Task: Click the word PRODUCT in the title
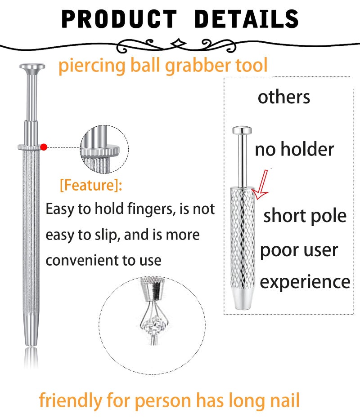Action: [119, 19]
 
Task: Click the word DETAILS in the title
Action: [246, 19]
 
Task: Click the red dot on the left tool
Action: [44, 147]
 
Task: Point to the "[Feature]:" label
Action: [91, 185]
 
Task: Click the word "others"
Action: [283, 97]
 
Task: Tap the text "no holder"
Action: [294, 149]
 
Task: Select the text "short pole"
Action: [305, 216]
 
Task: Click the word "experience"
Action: [305, 282]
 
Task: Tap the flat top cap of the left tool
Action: [32, 67]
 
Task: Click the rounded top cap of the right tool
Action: [242, 130]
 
